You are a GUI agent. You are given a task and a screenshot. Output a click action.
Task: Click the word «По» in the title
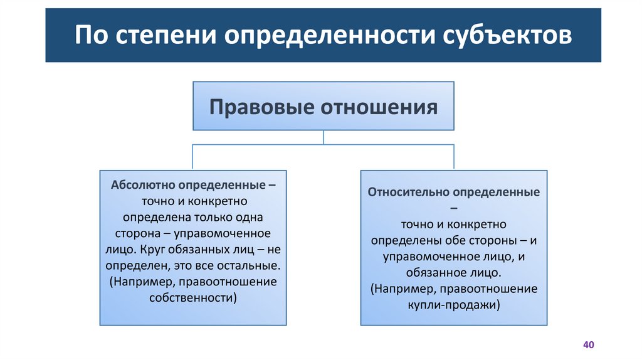[x=89, y=35]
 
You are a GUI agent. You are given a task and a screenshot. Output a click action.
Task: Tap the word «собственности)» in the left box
[x=193, y=298]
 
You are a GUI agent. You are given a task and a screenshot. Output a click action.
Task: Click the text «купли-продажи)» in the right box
[x=454, y=305]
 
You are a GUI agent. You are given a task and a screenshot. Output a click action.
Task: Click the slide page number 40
[x=587, y=345]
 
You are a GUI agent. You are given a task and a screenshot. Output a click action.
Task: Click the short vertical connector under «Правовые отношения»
[x=323, y=137]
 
